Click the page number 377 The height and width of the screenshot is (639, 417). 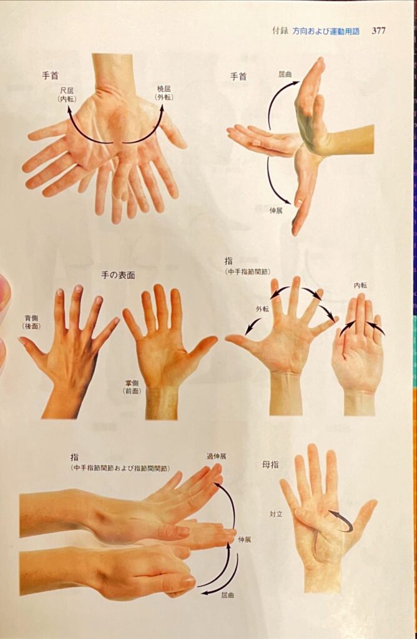tap(378, 31)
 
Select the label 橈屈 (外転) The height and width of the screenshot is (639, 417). tap(164, 93)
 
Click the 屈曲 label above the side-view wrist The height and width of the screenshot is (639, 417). tap(285, 75)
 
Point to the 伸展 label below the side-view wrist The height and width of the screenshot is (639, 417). tap(276, 211)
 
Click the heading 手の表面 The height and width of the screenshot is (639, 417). tap(118, 275)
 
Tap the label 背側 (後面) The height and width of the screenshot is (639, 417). tap(32, 321)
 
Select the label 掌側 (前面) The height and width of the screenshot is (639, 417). tap(132, 387)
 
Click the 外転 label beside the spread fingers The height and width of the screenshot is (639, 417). tap(262, 309)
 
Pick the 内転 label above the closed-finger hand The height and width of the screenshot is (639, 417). tap(360, 285)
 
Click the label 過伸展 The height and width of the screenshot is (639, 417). tap(216, 456)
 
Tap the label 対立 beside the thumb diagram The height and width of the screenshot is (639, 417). tap(276, 514)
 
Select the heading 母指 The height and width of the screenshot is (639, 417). tap(270, 464)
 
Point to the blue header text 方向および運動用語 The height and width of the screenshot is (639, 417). tap(326, 31)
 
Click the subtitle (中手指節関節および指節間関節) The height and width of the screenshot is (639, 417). tap(120, 468)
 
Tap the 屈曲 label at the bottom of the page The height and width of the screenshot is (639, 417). tap(227, 595)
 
